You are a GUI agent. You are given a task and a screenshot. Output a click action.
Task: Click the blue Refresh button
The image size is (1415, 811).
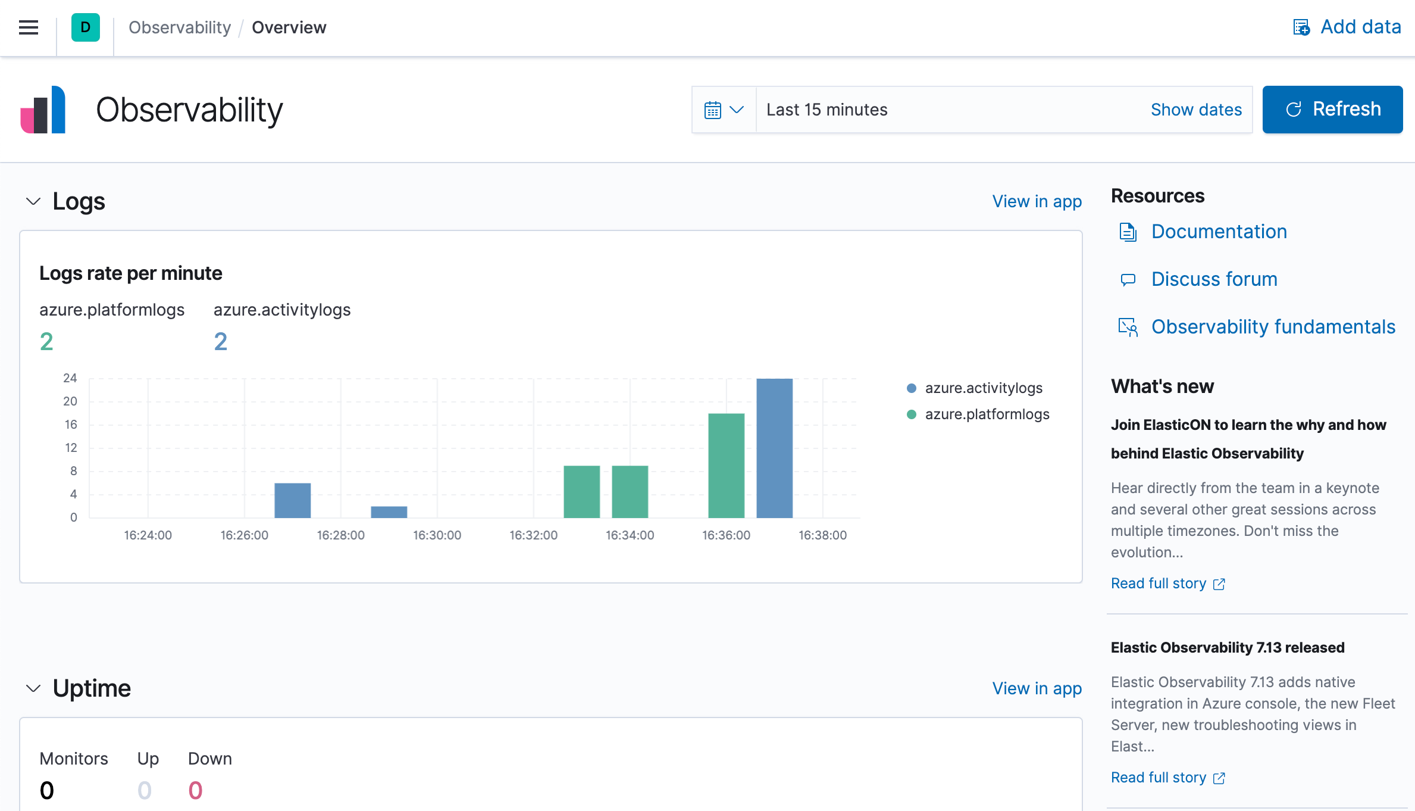1332,110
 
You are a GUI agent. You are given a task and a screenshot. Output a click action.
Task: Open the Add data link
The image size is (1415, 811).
1347,27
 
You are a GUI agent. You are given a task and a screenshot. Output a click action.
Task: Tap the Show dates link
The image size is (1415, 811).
1196,110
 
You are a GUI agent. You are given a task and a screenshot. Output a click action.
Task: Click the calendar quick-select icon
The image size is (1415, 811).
723,110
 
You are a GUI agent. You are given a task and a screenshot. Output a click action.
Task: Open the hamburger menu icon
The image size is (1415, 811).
29,27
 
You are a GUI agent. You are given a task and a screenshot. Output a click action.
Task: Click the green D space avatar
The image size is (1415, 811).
85,27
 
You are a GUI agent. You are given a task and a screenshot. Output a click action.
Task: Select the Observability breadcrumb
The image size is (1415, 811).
180,27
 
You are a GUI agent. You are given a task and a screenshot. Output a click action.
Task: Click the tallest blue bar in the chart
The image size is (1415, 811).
774,448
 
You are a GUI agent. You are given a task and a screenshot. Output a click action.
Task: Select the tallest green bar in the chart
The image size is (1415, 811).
726,465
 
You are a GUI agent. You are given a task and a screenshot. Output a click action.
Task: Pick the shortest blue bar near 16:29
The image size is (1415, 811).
389,511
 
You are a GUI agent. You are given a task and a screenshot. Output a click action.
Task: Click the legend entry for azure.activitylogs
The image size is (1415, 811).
983,388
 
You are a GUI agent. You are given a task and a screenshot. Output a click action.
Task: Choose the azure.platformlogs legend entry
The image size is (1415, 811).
987,414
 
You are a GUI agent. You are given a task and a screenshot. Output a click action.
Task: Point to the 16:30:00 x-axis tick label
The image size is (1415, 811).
437,535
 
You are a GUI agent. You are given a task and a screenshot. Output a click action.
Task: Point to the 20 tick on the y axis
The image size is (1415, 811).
70,401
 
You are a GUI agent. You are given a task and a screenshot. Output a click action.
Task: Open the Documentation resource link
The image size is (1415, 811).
1219,232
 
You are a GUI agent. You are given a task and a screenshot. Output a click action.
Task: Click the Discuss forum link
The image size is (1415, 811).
1214,279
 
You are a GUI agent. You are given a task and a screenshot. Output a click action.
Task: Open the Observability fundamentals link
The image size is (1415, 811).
1273,327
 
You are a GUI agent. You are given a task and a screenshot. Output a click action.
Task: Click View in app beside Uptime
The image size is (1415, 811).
1037,688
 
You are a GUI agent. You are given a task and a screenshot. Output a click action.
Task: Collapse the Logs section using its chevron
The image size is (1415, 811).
33,201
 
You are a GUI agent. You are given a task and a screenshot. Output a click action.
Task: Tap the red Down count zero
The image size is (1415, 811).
195,791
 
